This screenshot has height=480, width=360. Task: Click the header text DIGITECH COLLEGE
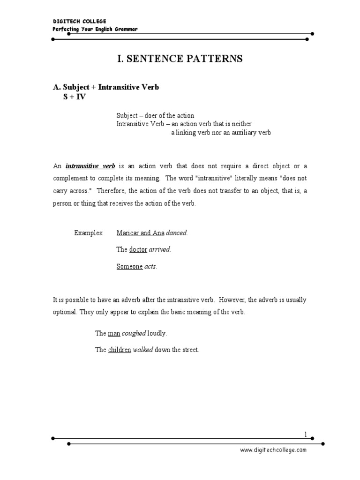click(79, 21)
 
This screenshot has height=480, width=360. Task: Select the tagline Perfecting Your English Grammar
click(95, 29)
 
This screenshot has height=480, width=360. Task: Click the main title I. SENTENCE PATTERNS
click(180, 59)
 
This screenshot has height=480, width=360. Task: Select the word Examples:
click(89, 233)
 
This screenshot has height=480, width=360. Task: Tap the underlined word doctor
click(138, 250)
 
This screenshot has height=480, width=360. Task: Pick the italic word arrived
click(160, 250)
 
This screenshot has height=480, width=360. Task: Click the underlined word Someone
click(129, 267)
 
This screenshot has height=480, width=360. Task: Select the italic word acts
click(150, 267)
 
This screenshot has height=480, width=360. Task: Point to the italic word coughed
click(134, 333)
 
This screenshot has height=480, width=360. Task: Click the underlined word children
click(120, 350)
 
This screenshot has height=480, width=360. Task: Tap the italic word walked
click(143, 350)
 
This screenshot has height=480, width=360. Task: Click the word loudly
click(157, 333)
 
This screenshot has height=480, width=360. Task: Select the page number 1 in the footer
click(305, 435)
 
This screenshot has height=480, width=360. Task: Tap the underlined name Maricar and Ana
click(141, 233)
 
